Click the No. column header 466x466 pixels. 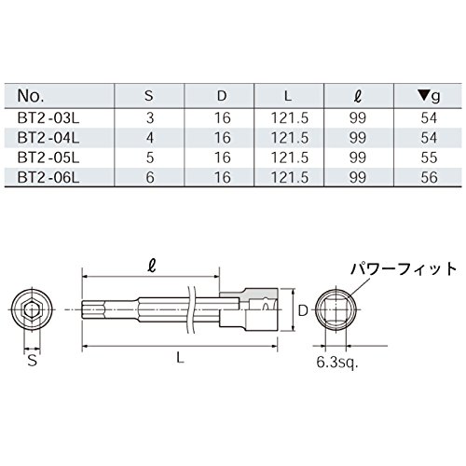pos(31,96)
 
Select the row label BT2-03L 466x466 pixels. pos(48,118)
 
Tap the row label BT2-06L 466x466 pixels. pos(48,178)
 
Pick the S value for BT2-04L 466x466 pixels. pos(150,138)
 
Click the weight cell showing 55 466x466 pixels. pos(429,158)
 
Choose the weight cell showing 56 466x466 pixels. pos(429,178)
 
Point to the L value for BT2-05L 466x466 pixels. pos(290,158)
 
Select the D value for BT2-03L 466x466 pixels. pos(223,118)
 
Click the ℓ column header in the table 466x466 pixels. pos(358,97)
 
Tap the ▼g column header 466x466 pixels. pos(429,97)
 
